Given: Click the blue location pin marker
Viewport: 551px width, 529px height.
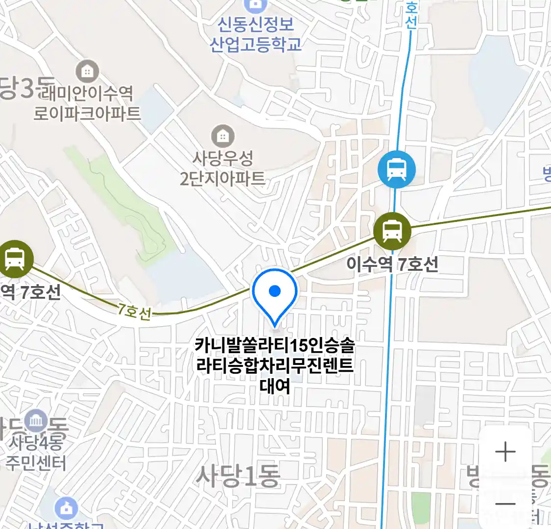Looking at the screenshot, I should tap(275, 293).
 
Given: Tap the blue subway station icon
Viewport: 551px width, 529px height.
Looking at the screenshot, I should tap(396, 170).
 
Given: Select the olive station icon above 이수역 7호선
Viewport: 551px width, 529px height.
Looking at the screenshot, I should tap(392, 230).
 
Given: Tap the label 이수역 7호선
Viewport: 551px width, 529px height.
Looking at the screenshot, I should tap(392, 264).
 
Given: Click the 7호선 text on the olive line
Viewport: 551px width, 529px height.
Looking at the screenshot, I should tap(134, 312).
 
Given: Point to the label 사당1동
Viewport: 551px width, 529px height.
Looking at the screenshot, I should tap(238, 476).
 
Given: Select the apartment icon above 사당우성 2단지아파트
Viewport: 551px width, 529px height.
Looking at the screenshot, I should tap(223, 136).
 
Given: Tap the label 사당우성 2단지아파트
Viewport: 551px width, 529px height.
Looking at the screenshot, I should tap(223, 168).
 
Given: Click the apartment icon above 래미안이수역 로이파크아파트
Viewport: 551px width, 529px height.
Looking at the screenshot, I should tap(87, 72).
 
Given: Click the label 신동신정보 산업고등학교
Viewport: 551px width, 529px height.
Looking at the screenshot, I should tap(255, 34).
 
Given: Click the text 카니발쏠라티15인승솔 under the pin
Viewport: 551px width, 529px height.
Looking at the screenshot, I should tap(274, 345).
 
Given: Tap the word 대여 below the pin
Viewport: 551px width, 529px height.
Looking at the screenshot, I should tap(275, 386).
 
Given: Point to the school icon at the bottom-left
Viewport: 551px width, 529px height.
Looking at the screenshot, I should tap(66, 509).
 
